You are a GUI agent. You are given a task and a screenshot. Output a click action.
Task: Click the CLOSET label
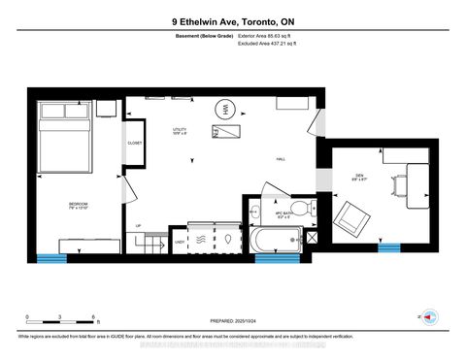pos(135,144)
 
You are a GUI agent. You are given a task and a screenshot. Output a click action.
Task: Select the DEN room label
pos(358,177)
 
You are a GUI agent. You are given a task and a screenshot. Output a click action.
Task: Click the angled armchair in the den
pos(351,218)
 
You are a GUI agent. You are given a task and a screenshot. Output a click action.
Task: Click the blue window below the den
pos(389,247)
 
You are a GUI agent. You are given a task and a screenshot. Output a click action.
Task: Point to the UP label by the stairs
pos(138,226)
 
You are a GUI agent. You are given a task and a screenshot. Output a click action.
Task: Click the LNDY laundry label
pos(180,241)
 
